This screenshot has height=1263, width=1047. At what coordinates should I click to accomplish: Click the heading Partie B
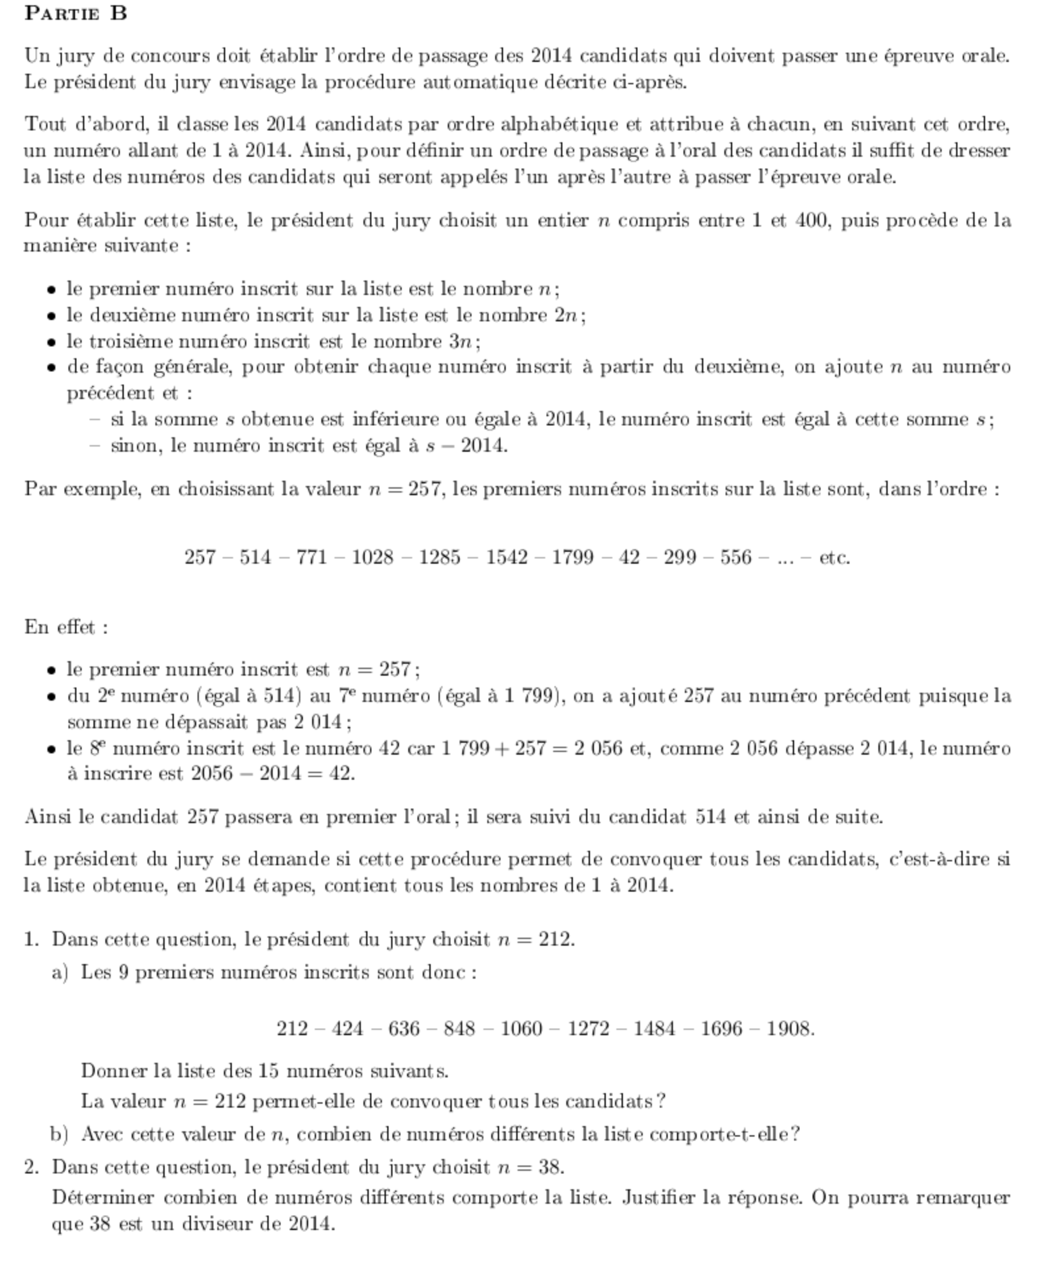click(x=76, y=13)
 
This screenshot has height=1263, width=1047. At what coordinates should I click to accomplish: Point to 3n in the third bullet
click(x=464, y=342)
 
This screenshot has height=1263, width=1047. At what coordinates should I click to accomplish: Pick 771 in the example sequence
click(x=311, y=558)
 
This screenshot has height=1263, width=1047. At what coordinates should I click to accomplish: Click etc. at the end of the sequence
click(x=834, y=558)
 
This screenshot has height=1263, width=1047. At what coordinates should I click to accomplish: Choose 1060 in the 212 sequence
click(x=521, y=1029)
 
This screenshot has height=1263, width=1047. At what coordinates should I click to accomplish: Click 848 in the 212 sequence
click(x=459, y=1029)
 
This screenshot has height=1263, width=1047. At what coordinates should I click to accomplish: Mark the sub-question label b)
click(x=59, y=1134)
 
